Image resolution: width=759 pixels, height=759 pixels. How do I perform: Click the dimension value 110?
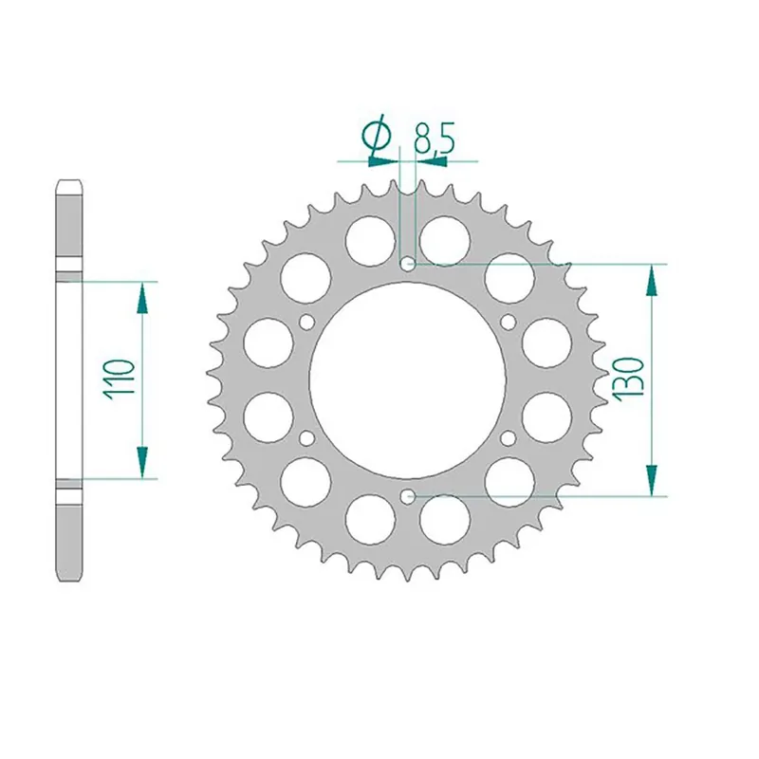point(124,379)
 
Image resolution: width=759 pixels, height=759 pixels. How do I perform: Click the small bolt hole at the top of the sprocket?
point(408,263)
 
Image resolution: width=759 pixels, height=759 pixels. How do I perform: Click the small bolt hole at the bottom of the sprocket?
point(408,495)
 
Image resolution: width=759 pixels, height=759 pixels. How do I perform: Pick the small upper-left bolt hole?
point(306,322)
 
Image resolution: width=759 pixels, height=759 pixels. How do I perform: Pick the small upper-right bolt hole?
point(509,322)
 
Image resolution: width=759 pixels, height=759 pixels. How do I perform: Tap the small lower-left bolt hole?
point(306,437)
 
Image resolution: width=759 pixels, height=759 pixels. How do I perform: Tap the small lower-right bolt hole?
point(509,437)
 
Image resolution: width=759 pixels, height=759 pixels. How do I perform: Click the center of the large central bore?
point(408,379)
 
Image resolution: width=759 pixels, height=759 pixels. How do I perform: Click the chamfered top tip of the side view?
point(69,181)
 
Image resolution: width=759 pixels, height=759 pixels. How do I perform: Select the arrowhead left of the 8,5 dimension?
point(385,160)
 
